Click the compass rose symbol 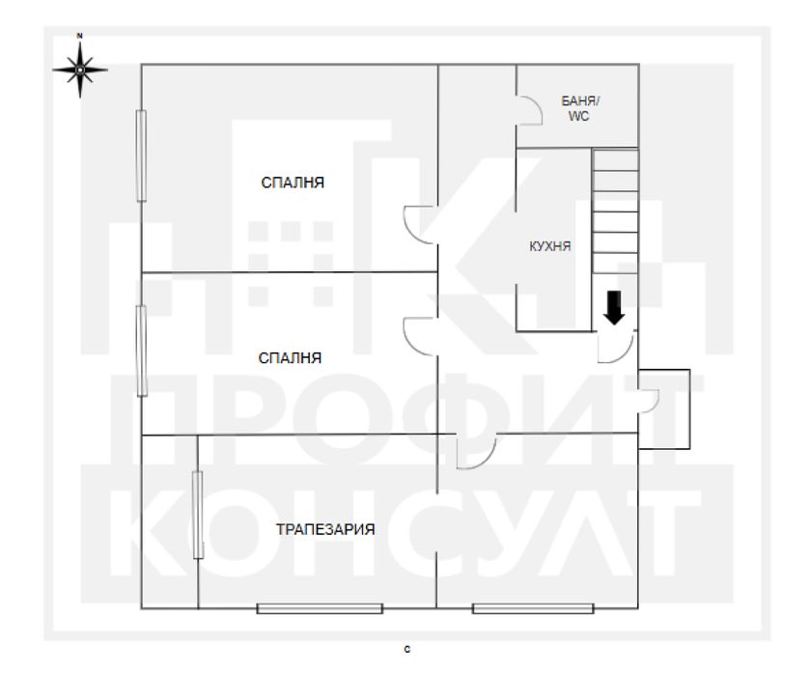click(80, 69)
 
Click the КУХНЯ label click(551, 246)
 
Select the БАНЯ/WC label click(578, 108)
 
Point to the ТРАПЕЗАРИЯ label click(324, 529)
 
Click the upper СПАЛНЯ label click(292, 182)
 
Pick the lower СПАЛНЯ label click(290, 357)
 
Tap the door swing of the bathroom click(527, 109)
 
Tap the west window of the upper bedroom click(141, 155)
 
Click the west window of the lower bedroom click(142, 350)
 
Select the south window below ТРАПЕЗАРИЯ click(320, 608)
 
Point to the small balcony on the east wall click(666, 408)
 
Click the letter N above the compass click(80, 36)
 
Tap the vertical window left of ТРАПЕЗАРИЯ click(197, 514)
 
